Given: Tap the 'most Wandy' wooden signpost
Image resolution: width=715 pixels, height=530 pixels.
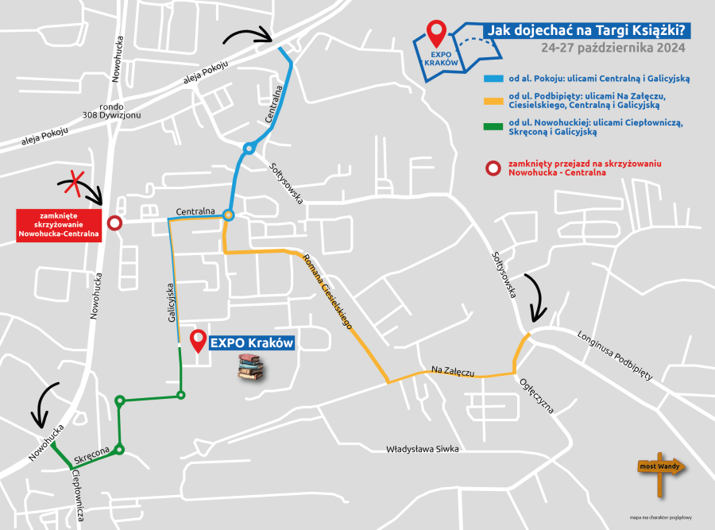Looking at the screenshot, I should (x=659, y=466).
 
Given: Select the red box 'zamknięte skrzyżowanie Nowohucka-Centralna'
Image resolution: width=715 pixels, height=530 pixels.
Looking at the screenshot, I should (x=60, y=224).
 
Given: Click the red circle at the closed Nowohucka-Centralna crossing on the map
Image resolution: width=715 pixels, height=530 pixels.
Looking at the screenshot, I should (x=114, y=223).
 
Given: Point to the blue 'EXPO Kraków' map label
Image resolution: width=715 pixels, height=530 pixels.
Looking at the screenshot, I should (x=252, y=343).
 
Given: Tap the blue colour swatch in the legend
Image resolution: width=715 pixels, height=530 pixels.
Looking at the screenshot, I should (x=493, y=79).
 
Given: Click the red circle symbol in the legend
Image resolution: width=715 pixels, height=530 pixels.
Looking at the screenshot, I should (x=493, y=168).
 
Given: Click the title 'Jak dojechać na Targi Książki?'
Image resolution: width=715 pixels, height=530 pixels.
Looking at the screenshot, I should (x=587, y=31).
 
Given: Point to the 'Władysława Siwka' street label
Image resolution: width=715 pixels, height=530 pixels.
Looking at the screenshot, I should (x=423, y=449).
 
